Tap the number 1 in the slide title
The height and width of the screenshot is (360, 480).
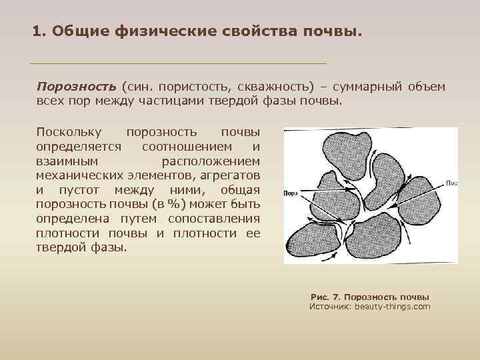click(37, 31)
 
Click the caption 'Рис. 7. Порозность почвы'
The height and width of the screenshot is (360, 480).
click(370, 297)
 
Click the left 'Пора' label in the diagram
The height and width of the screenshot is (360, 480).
click(290, 192)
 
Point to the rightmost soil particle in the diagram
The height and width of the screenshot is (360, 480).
click(418, 200)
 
